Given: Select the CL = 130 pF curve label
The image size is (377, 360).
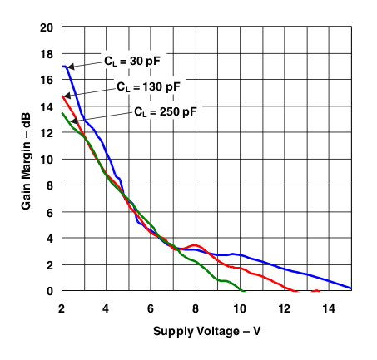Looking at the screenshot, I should [147, 86].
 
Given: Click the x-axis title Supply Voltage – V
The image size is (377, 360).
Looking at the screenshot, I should [207, 331].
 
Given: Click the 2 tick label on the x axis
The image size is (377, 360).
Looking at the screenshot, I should [62, 306].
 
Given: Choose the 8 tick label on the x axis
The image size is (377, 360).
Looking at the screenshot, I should [196, 306].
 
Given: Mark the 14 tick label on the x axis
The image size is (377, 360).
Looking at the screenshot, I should [330, 306].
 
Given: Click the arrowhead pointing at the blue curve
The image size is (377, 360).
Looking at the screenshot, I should [70, 67].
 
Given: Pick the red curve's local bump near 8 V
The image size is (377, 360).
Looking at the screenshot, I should [196, 245].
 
